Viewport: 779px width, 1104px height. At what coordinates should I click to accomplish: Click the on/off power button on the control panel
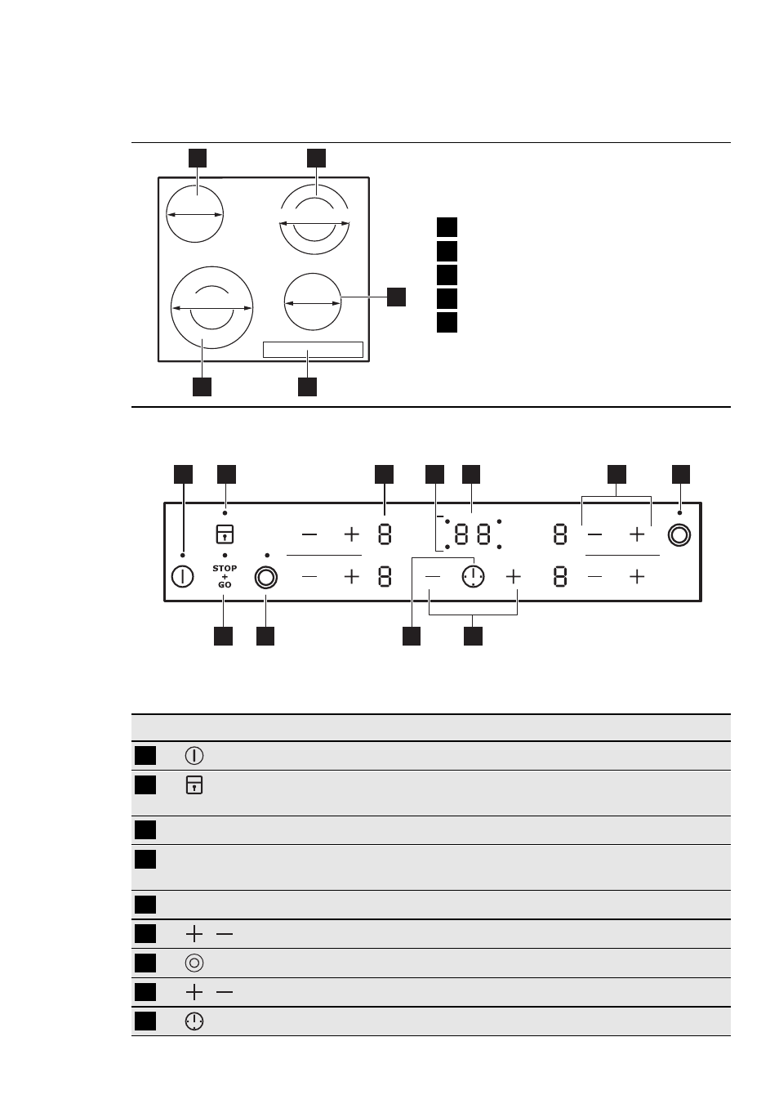pos(182,577)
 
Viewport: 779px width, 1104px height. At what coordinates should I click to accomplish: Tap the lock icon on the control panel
pos(225,534)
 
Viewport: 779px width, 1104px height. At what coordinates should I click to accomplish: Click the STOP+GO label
pos(225,576)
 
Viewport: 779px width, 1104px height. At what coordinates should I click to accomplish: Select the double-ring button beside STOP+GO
pos(266,577)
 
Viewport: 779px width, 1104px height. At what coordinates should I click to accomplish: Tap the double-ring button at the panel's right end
pos(679,535)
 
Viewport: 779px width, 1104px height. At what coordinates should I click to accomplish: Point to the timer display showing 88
pos(473,534)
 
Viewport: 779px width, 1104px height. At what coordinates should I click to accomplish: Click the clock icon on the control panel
pos(473,576)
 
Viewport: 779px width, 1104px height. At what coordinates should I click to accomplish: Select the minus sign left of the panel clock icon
pos(432,576)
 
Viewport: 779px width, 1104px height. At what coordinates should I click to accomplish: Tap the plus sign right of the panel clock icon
pos(513,576)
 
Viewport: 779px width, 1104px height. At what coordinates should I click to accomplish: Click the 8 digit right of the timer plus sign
pos(560,577)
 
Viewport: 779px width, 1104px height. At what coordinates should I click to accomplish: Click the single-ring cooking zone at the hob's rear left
pos(194,214)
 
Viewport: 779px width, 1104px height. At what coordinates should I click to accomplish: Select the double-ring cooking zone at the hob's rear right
pos(314,220)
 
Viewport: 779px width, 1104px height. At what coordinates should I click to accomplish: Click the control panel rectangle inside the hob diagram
pos(313,350)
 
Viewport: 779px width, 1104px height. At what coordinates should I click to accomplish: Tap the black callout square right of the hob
pos(396,297)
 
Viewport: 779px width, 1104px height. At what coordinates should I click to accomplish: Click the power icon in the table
pos(194,756)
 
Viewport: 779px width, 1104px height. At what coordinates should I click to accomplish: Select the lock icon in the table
pos(194,785)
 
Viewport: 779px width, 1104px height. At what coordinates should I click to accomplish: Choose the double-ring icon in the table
pos(194,963)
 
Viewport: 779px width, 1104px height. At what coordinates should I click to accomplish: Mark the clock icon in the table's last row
pos(194,1021)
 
